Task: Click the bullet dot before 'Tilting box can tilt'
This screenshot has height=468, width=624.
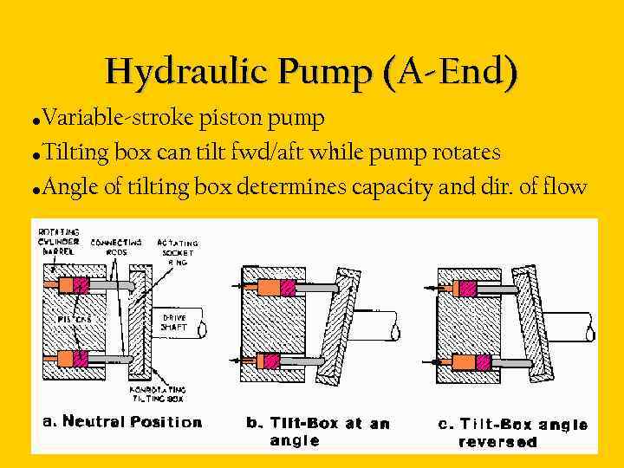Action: pyautogui.click(x=36, y=156)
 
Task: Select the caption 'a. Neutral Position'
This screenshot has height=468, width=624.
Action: pyautogui.click(x=122, y=422)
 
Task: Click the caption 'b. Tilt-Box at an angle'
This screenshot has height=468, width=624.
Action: pyautogui.click(x=317, y=431)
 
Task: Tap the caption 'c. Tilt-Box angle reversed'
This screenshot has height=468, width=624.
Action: pyautogui.click(x=513, y=432)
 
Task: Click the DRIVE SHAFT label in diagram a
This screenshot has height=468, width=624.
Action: pyautogui.click(x=175, y=322)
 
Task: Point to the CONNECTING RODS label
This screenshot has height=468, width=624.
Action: pyautogui.click(x=116, y=247)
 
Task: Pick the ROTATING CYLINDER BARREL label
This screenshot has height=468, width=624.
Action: pyautogui.click(x=60, y=242)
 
